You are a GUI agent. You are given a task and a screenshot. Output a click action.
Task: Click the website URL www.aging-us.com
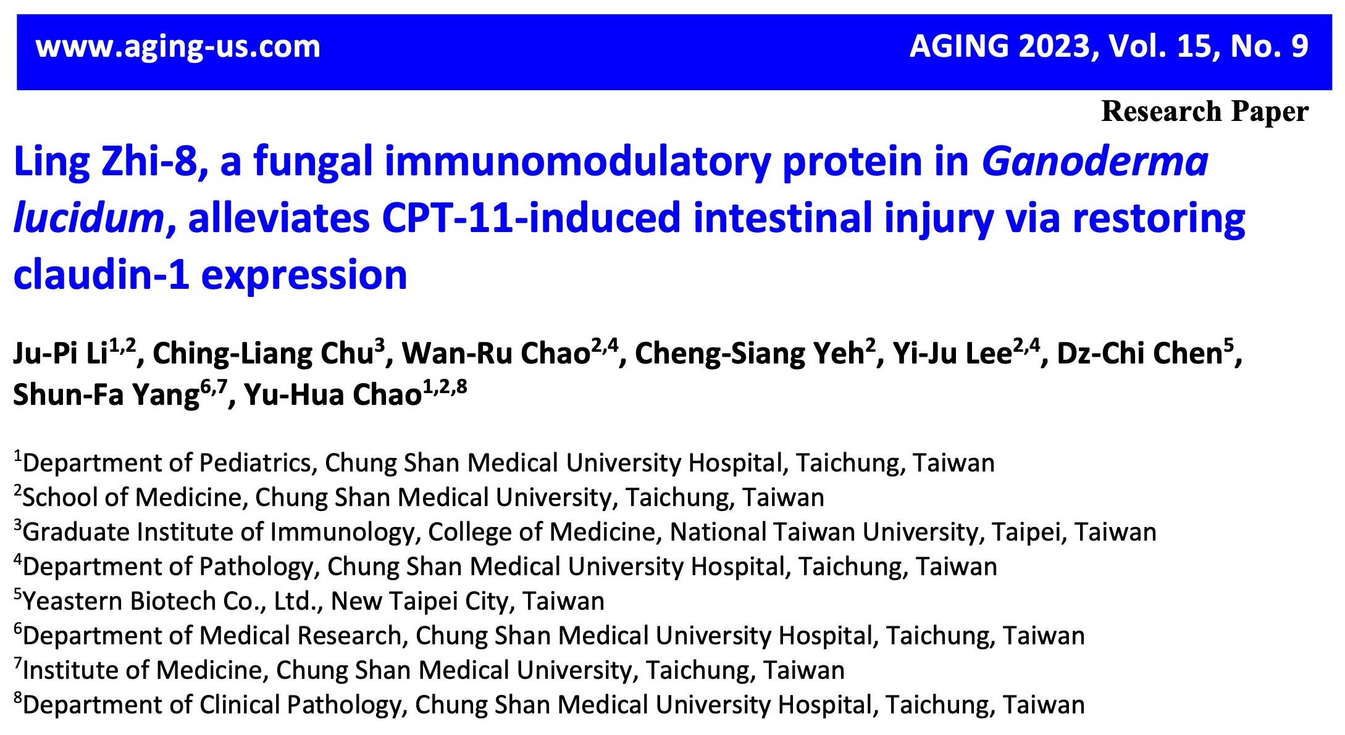(x=178, y=48)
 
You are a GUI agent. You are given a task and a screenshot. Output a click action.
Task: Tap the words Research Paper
(x=1205, y=112)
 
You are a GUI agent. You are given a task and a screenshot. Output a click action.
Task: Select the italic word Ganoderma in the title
(x=1095, y=162)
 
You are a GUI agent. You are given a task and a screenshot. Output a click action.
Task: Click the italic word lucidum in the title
(x=88, y=218)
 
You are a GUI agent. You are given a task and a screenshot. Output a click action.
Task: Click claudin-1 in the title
(x=101, y=275)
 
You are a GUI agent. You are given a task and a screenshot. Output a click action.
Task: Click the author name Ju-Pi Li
(x=61, y=354)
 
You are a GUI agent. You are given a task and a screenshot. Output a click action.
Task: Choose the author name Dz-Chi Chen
(x=1140, y=354)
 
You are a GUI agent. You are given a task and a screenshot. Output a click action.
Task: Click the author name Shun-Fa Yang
(x=106, y=395)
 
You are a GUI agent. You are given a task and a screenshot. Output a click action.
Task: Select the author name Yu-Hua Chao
(x=333, y=395)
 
